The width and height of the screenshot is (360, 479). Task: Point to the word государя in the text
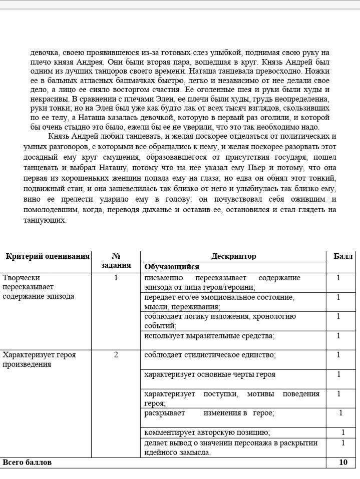coord(294,157)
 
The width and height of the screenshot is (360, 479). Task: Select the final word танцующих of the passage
coord(45,220)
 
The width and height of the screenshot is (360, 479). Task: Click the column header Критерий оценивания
coord(48,256)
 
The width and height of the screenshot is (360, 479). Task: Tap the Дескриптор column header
coord(233,256)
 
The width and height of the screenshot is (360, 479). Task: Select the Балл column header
coord(343,256)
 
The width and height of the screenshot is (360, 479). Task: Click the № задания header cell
coord(116,261)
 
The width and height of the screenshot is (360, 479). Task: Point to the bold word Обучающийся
coord(172,267)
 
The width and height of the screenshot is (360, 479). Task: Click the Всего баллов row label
coord(27,462)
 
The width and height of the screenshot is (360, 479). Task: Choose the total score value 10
coord(343,462)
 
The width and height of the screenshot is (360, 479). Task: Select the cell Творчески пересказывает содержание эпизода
coord(38,287)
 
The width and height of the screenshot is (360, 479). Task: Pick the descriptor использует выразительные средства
coord(209,336)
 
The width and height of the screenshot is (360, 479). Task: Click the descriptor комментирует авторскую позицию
coord(207,432)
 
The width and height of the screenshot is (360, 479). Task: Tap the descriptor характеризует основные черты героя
coord(210,374)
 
